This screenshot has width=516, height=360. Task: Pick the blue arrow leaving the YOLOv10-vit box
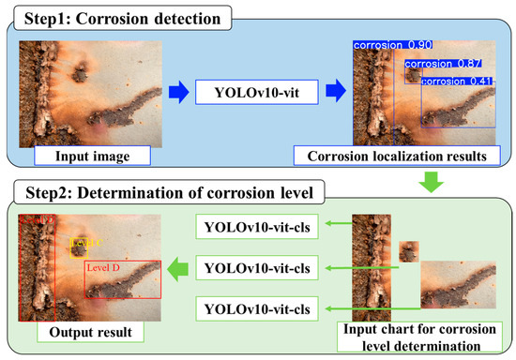click(334, 92)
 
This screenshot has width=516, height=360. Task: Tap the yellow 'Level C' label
click(84, 243)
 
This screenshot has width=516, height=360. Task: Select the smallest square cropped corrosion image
click(409, 251)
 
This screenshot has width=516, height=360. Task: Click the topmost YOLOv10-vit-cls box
click(255, 227)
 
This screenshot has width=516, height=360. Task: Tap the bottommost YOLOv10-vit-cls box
click(255, 309)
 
